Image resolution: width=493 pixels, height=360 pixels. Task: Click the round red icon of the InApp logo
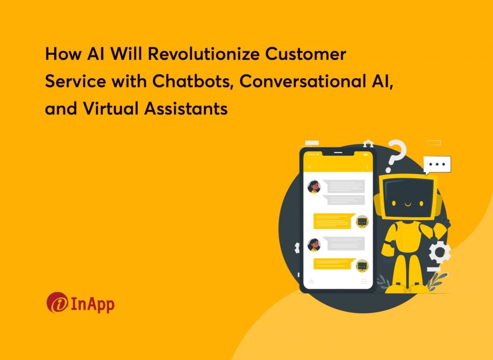click(x=57, y=302)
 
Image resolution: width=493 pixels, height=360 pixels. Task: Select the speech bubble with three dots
click(x=437, y=164)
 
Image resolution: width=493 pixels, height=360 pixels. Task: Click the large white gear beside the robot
click(x=440, y=252)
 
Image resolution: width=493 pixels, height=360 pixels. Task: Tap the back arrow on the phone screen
click(x=310, y=167)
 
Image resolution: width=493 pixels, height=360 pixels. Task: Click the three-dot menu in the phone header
click(x=367, y=167)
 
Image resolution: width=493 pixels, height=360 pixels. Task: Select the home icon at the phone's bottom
click(x=311, y=280)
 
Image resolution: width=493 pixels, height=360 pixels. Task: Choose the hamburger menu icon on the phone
click(x=364, y=280)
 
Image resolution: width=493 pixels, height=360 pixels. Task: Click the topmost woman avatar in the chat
click(x=314, y=187)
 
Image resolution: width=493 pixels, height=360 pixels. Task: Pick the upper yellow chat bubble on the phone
click(x=333, y=221)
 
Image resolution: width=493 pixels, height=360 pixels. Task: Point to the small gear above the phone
click(x=368, y=143)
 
